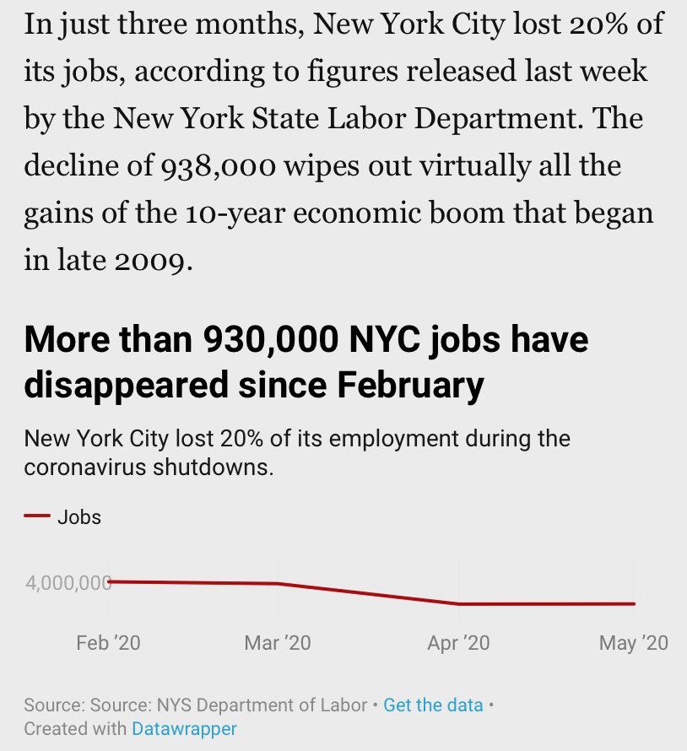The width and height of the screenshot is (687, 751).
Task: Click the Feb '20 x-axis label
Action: [x=108, y=643]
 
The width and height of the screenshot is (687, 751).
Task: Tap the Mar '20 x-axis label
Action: [x=277, y=643]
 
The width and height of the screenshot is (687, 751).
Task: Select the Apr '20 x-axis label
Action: [x=458, y=643]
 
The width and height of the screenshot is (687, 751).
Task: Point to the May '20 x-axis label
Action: [x=633, y=643]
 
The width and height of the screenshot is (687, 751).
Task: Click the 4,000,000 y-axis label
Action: [x=68, y=583]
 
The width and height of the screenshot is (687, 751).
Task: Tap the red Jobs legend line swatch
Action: [x=36, y=517]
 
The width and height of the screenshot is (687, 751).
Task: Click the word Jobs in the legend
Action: [x=79, y=517]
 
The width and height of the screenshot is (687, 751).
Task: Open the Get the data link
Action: [x=433, y=705]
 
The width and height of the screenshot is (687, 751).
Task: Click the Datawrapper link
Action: [x=184, y=728]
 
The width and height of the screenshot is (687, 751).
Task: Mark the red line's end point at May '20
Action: [x=634, y=604]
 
